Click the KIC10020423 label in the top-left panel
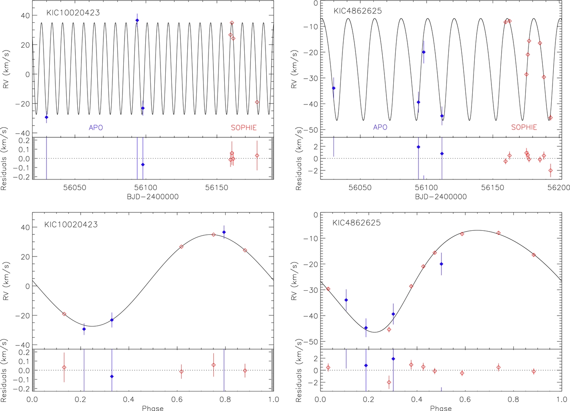click(73, 13)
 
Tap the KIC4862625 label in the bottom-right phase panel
click(356, 223)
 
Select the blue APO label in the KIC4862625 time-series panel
click(380, 127)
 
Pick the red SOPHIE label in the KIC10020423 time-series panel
click(243, 128)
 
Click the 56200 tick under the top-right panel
click(559, 188)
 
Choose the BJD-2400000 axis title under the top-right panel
click(441, 197)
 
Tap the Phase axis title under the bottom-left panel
click(153, 408)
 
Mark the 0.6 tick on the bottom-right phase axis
click(465, 400)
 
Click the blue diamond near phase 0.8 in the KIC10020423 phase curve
click(224, 232)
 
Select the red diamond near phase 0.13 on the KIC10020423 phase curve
click(64, 314)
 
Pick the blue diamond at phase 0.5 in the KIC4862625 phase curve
click(441, 264)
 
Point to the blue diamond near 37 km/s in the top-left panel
click(137, 20)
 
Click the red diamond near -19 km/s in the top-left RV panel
click(257, 102)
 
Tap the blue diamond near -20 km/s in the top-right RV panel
click(423, 52)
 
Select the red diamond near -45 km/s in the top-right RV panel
click(550, 118)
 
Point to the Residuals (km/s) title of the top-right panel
click(298, 159)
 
